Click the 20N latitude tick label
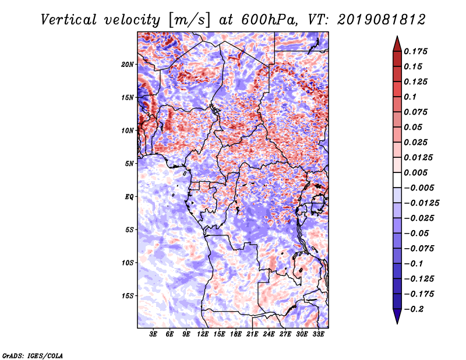tap(128, 64)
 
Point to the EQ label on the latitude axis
tap(129, 196)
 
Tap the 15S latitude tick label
tap(128, 296)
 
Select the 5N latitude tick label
tap(129, 164)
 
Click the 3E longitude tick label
tap(153, 334)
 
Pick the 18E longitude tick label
tap(236, 334)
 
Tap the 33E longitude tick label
tap(318, 334)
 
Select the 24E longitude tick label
tap(269, 334)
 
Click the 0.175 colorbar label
tap(415, 51)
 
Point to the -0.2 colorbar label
tap(414, 309)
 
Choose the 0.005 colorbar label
tap(415, 172)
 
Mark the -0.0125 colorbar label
tap(421, 203)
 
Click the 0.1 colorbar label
tap(410, 97)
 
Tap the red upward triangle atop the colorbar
tap(397, 44)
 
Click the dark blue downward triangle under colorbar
tap(397, 316)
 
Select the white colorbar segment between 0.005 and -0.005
tap(397, 180)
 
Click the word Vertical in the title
tap(69, 20)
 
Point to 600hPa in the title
tap(269, 20)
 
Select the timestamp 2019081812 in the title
tap(382, 20)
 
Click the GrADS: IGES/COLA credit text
tap(33, 355)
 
